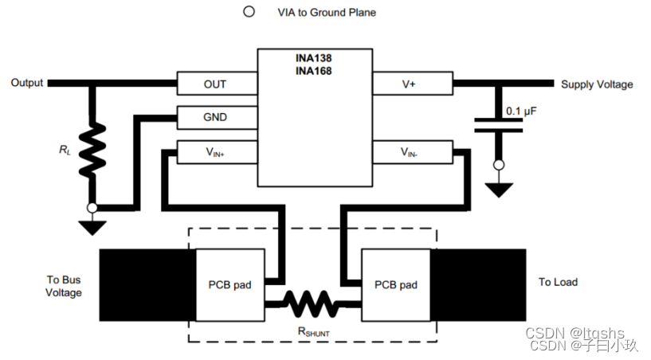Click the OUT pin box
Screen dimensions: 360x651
pyautogui.click(x=215, y=84)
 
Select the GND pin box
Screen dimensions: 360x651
pyautogui.click(x=215, y=117)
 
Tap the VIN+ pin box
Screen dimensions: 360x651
pyautogui.click(x=215, y=151)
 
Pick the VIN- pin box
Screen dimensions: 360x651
pyautogui.click(x=412, y=151)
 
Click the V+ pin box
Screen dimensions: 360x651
pyautogui.click(x=412, y=84)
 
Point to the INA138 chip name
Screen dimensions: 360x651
pyautogui.click(x=314, y=59)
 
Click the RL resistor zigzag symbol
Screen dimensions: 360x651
pyautogui.click(x=93, y=149)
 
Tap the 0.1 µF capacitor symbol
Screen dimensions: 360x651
pyautogui.click(x=499, y=123)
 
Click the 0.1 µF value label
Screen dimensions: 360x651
pyautogui.click(x=522, y=111)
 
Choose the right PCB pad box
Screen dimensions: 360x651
pyautogui.click(x=396, y=284)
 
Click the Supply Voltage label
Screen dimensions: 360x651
pyautogui.click(x=597, y=84)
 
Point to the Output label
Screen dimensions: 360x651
pyautogui.click(x=27, y=83)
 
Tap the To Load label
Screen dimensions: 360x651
pyautogui.click(x=558, y=282)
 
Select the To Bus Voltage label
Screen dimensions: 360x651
pyautogui.click(x=64, y=287)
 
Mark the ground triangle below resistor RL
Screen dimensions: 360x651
pyautogui.click(x=93, y=228)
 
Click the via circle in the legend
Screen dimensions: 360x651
pyautogui.click(x=249, y=12)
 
